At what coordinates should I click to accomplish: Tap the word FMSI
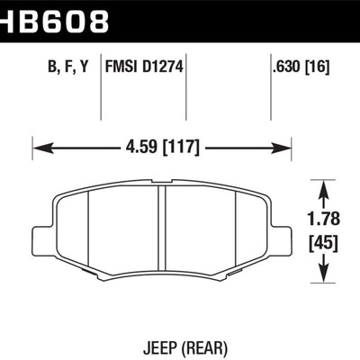pos(125,64)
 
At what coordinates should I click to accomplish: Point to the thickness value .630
pos(286,64)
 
